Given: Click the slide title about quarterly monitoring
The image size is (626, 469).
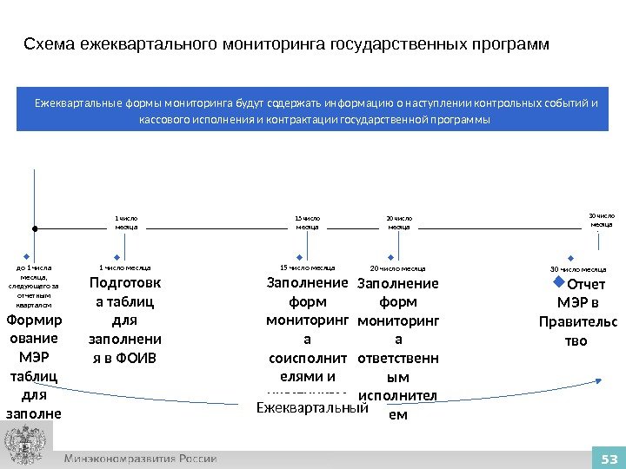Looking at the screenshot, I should (x=287, y=43).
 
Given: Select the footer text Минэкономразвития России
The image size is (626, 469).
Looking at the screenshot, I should (x=140, y=459).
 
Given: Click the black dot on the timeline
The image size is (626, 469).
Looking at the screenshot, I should (x=34, y=228).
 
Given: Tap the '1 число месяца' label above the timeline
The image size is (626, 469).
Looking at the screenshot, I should (x=127, y=221).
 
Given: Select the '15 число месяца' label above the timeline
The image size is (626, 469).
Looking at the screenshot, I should (x=308, y=221).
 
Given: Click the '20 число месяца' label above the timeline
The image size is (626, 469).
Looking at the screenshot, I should (x=399, y=221).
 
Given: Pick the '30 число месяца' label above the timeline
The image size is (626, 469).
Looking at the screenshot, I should (x=601, y=219).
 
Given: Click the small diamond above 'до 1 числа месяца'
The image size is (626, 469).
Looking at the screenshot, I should (x=27, y=257).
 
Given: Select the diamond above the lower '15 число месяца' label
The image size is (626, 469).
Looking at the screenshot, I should (x=300, y=257).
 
